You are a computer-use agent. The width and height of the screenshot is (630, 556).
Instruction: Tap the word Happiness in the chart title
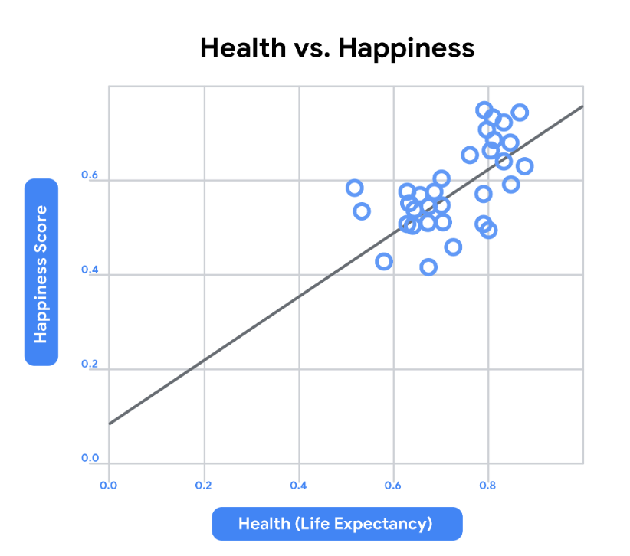[407, 48]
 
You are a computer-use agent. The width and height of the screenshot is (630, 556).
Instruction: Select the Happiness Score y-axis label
[41, 273]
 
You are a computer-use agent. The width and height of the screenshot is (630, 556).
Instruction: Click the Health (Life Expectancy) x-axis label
[336, 525]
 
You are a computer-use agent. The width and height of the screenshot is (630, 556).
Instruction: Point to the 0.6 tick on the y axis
[90, 176]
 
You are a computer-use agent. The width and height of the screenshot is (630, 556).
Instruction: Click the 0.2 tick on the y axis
[90, 365]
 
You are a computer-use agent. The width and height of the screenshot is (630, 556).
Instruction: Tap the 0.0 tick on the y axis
[90, 459]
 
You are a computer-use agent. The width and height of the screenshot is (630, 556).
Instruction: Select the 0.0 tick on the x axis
[108, 485]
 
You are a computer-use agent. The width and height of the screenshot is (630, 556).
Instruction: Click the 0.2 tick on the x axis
[203, 485]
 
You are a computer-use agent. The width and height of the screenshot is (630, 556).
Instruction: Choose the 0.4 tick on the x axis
[298, 485]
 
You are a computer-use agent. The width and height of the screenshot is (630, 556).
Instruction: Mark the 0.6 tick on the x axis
[393, 485]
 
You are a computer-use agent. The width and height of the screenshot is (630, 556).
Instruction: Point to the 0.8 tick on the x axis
[488, 485]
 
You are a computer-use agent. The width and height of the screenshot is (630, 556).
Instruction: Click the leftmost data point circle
[354, 188]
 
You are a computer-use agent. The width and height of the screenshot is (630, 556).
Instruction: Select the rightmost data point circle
[524, 166]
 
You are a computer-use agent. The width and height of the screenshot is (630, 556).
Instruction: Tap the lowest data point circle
[428, 267]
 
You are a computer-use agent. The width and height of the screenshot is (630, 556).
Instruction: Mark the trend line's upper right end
[582, 106]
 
